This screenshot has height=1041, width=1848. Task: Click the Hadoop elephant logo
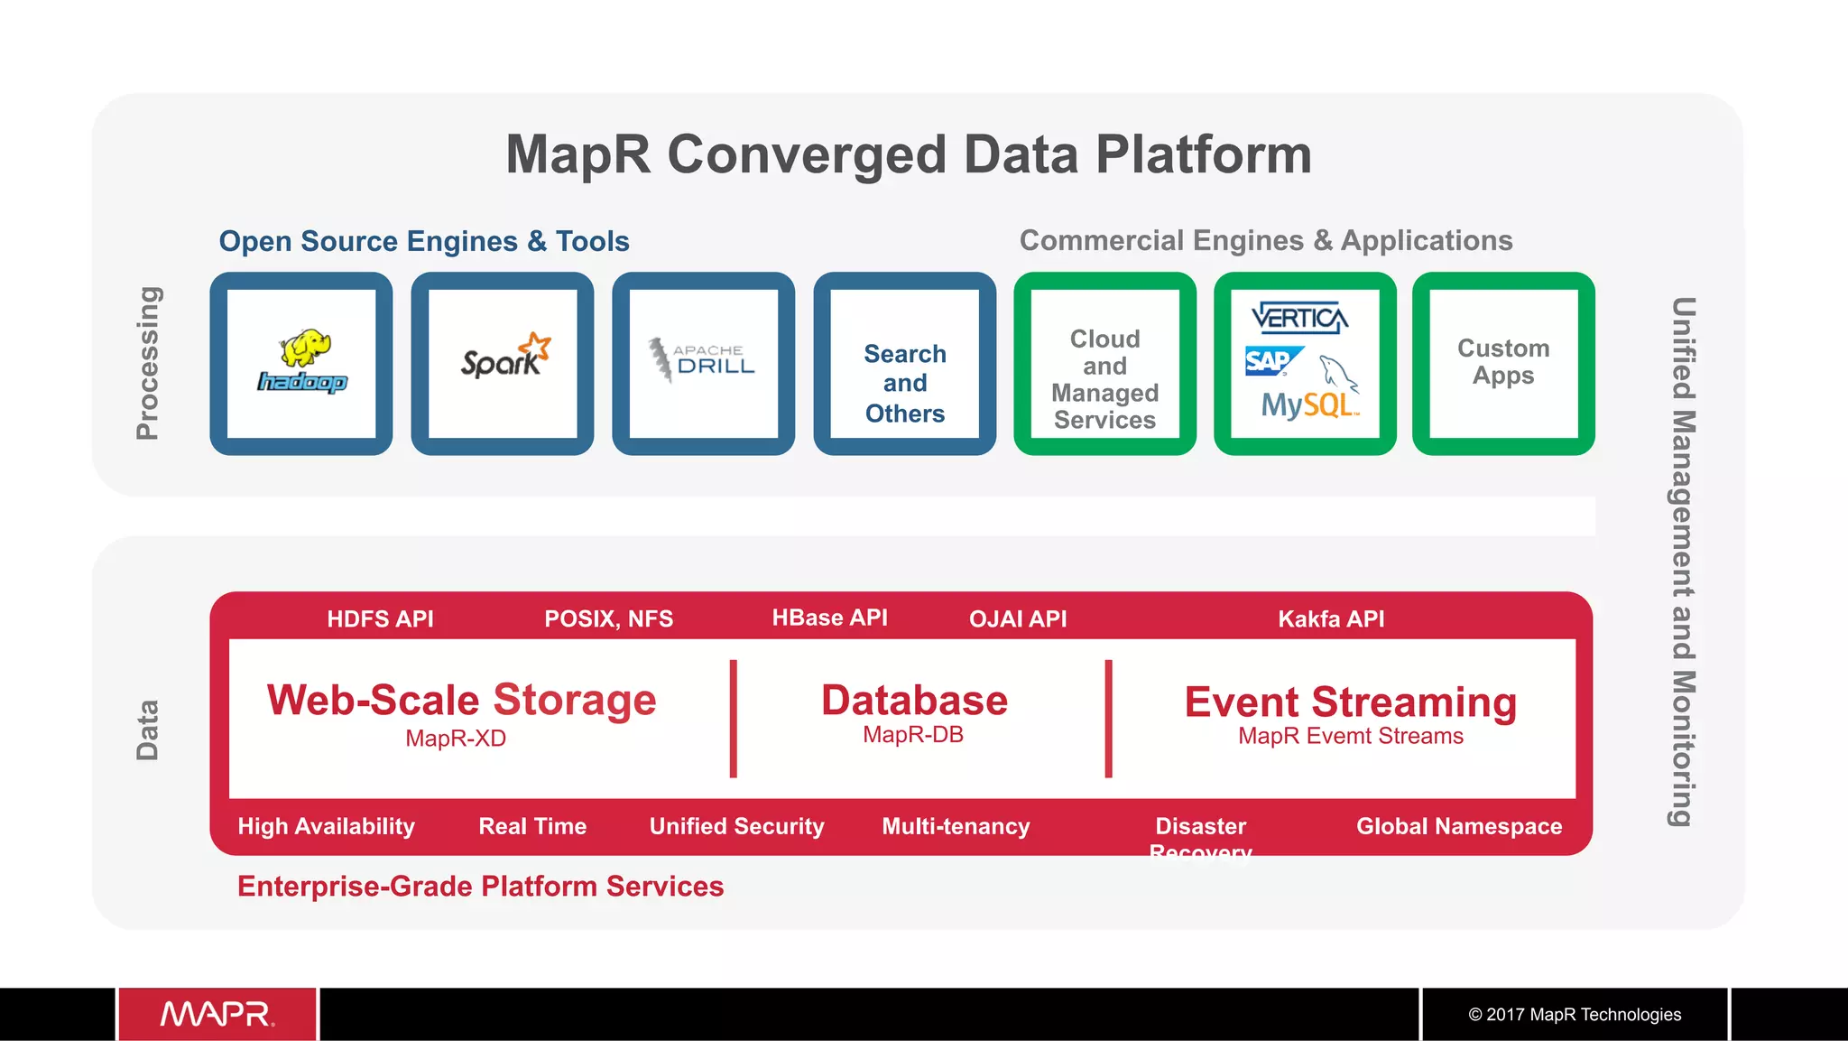click(302, 362)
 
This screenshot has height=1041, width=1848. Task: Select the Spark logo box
click(503, 363)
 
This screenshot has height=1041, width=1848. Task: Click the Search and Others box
click(904, 383)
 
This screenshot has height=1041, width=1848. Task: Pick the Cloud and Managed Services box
click(1104, 379)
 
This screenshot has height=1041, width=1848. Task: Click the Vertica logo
click(1299, 318)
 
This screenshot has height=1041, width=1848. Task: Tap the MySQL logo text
click(1307, 404)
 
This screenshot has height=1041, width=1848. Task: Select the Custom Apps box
click(1503, 362)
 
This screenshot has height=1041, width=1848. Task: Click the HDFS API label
click(380, 619)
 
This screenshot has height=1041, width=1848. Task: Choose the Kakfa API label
click(1331, 619)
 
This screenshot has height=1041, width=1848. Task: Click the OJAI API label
click(1018, 619)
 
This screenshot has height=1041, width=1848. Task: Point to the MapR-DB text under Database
click(913, 735)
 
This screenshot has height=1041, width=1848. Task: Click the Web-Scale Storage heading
click(461, 700)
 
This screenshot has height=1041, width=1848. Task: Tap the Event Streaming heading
click(1350, 702)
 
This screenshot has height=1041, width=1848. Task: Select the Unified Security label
click(736, 826)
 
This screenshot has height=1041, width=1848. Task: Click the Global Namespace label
click(1459, 826)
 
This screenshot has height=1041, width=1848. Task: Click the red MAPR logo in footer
click(217, 1014)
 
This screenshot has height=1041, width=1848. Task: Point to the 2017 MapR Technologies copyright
click(1575, 1014)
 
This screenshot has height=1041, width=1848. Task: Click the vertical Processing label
click(148, 363)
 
